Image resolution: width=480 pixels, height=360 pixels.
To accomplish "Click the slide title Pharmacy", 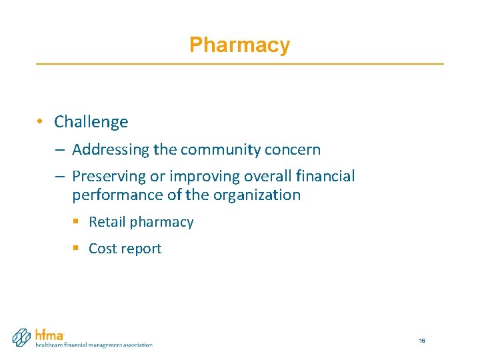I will point(239,45).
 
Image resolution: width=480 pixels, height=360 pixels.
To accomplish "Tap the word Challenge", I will point(91,122).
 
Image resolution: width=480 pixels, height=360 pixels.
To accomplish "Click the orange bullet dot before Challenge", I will point(41,121).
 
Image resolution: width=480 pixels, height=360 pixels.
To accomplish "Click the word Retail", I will point(107,222).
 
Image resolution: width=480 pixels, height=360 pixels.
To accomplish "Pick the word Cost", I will point(103,249).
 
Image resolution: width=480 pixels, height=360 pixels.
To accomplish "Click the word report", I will point(141,249).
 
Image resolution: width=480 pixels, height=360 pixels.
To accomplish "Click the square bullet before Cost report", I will point(75,248).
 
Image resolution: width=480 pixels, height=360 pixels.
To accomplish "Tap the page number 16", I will point(422,341).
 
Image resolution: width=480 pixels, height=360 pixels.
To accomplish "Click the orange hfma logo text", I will point(50,334).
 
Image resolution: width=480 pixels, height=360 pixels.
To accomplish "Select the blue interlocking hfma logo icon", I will point(22,337).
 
